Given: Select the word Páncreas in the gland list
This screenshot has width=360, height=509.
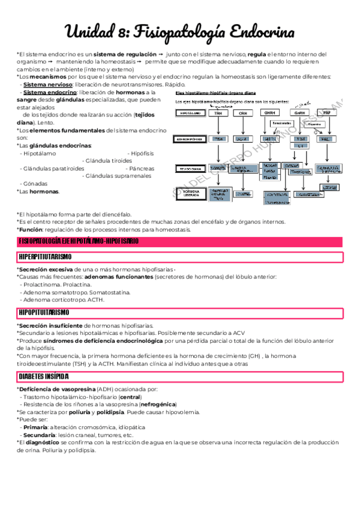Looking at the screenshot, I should pos(142,169).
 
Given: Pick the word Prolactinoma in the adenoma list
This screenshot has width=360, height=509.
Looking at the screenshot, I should pos(41,284).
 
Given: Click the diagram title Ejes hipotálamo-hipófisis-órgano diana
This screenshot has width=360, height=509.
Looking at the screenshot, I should pos(216,94).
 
